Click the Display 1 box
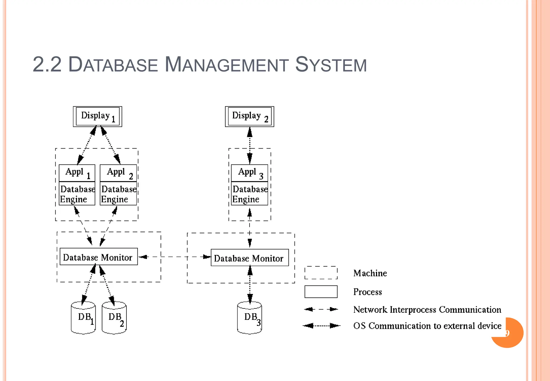pos(97,116)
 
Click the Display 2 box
pos(249,116)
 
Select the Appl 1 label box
pos(77,173)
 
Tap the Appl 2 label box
pos(118,173)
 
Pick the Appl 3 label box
pos(249,173)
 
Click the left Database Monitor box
pos(99,257)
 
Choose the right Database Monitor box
pos(249,258)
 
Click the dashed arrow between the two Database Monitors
pos(175,257)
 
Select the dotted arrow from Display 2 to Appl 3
pos(250,145)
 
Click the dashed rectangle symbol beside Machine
pos(321,273)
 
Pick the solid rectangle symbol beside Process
pos(321,292)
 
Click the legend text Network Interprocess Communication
pos(427,310)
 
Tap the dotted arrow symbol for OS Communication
pos(321,326)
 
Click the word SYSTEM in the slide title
pos(331,64)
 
